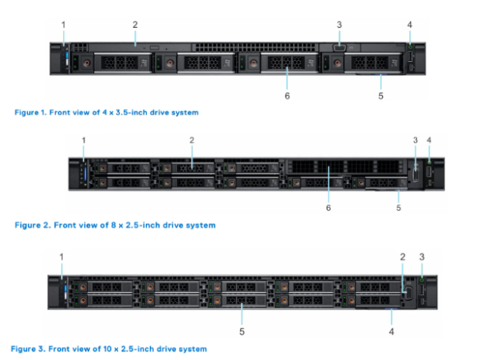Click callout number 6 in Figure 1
pos(287,96)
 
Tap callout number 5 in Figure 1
pos(381,96)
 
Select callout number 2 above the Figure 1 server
pos(135,25)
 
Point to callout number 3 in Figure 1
pos(339,25)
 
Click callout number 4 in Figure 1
pos(410,25)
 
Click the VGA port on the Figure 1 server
pos(339,48)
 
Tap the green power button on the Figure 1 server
pos(410,47)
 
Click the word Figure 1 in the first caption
pos(31,113)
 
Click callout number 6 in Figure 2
pos(328,208)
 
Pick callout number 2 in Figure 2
pos(192,141)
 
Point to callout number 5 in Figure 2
pos(399,208)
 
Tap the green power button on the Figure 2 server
pos(429,163)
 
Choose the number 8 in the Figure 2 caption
pos(114,225)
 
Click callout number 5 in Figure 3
pos(242,331)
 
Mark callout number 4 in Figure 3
pos(392,331)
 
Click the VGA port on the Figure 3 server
pos(409,293)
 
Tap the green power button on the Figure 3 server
pos(422,280)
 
